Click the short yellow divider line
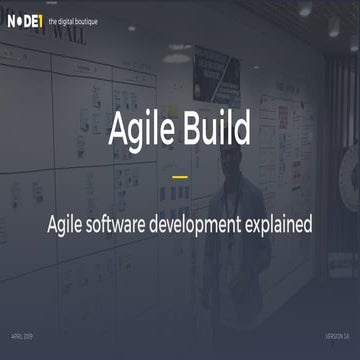[180, 176]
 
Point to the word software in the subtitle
[133, 223]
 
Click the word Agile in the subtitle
[71, 223]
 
